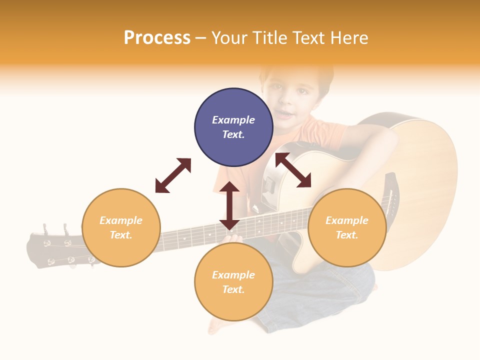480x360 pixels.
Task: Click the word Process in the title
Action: pyautogui.click(x=157, y=38)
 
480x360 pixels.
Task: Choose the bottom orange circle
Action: pyautogui.click(x=233, y=305)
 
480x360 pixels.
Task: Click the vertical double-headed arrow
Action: pyautogui.click(x=229, y=205)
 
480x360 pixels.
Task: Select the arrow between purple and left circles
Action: pyautogui.click(x=173, y=175)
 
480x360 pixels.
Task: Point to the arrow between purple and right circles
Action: pyautogui.click(x=293, y=170)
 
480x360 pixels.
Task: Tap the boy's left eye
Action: pyautogui.click(x=303, y=91)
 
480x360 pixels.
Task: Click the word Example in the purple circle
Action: pyautogui.click(x=233, y=120)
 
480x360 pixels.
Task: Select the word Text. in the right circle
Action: pyautogui.click(x=347, y=235)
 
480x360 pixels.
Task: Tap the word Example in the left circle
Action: pyautogui.click(x=121, y=220)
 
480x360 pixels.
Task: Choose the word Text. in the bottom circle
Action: pyautogui.click(x=233, y=289)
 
